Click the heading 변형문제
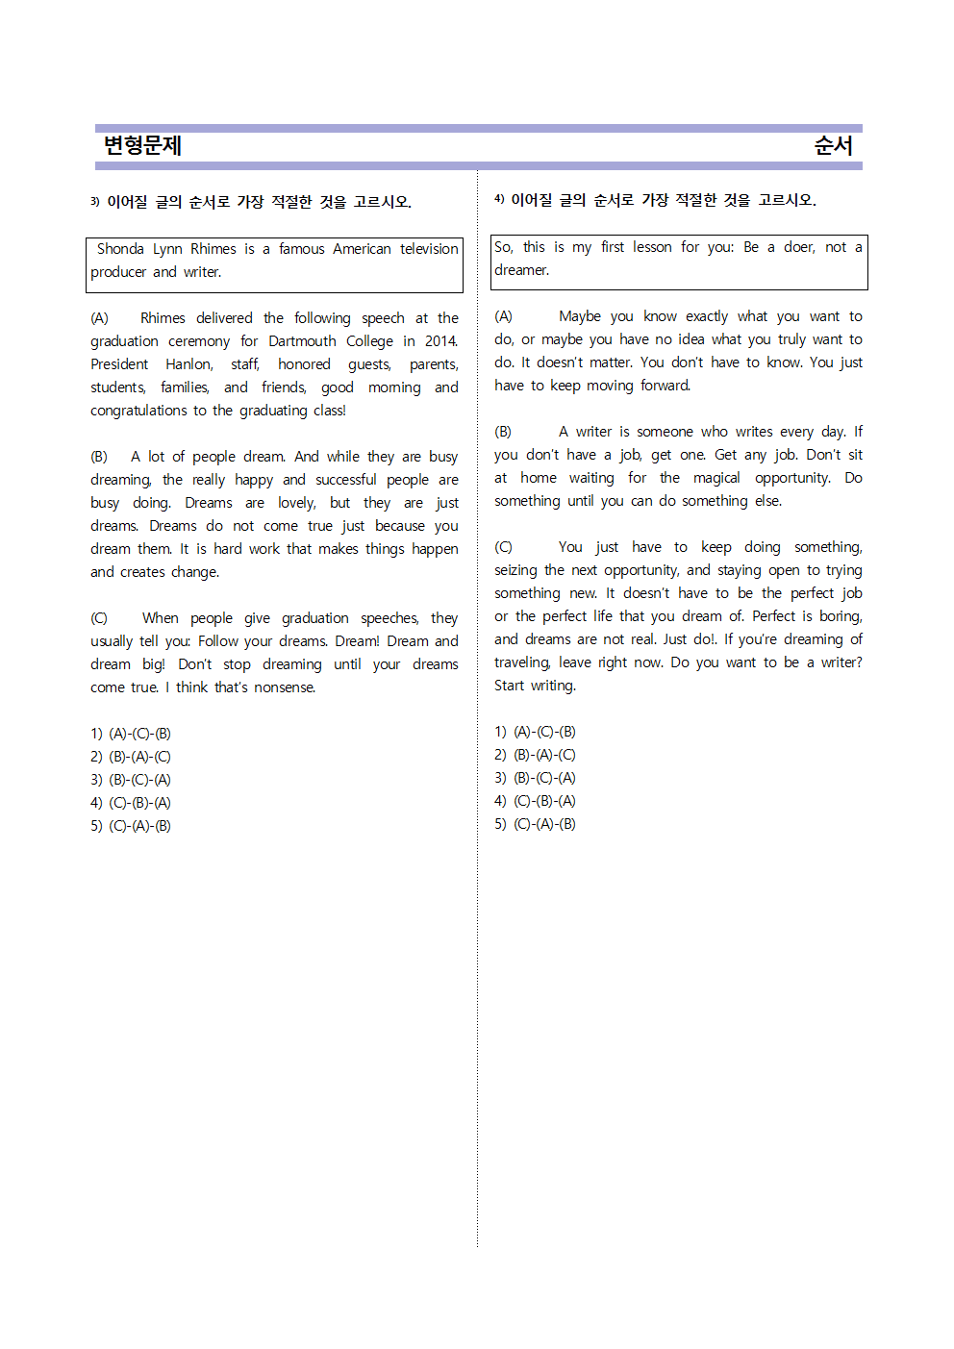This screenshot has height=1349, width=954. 142,145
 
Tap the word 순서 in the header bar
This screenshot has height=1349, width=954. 833,145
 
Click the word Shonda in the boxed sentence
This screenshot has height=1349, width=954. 120,249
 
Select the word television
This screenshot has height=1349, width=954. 429,249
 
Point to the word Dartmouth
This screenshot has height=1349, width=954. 302,341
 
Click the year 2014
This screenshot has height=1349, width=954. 440,341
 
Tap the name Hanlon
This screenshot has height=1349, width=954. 188,364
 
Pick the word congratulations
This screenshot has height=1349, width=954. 138,411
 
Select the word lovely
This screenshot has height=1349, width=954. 296,503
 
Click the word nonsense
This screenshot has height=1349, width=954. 285,687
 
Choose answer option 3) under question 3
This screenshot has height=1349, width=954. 131,780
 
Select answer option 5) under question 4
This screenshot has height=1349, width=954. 535,824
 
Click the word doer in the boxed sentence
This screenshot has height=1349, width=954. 799,247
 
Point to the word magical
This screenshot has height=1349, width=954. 716,478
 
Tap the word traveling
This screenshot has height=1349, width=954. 522,662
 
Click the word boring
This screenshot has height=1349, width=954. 840,616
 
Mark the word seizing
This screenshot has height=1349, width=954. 515,570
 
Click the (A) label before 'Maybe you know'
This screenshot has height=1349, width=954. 503,316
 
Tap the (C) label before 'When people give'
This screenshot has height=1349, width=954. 99,618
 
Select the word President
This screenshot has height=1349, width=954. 119,364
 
